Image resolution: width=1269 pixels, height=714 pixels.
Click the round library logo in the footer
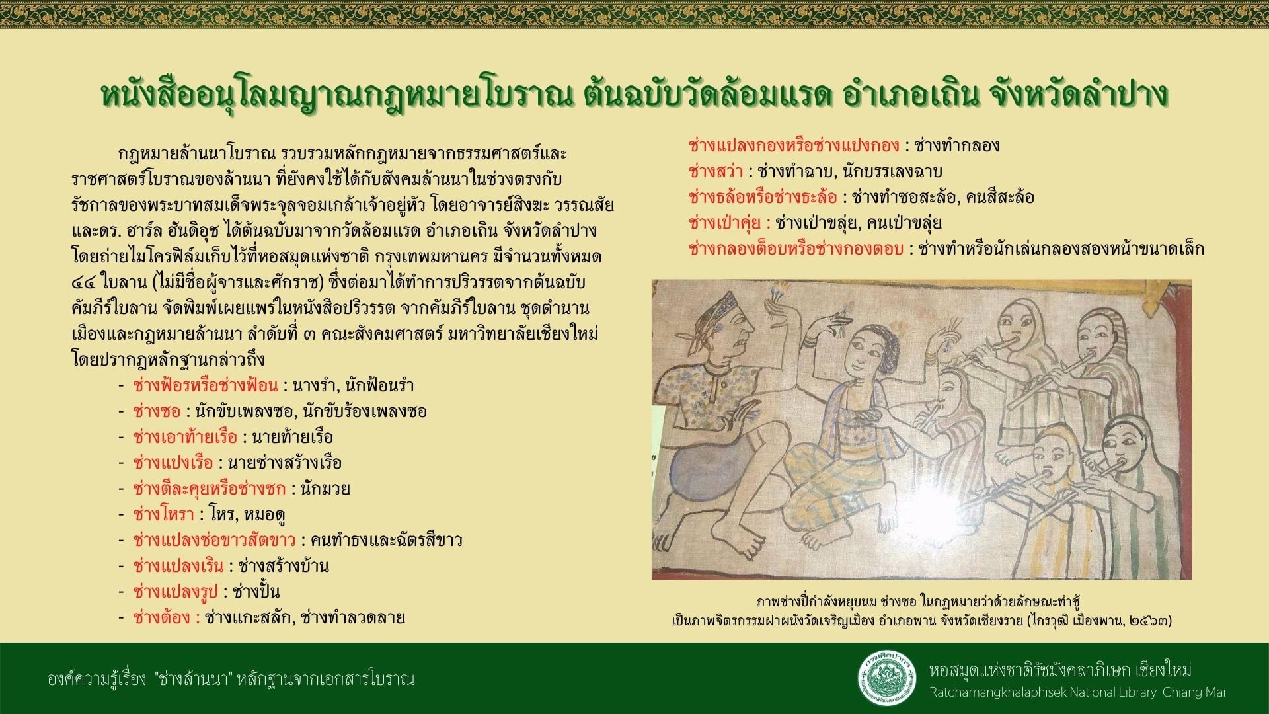(x=887, y=678)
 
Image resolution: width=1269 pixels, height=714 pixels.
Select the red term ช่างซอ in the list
(x=157, y=411)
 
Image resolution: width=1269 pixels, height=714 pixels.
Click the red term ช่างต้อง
(x=166, y=617)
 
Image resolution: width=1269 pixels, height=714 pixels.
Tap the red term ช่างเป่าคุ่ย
(x=729, y=223)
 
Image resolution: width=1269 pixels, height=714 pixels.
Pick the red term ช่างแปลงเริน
(x=178, y=566)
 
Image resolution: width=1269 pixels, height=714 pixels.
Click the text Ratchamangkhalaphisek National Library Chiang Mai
(x=1077, y=693)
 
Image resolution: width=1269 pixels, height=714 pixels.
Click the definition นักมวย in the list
(x=325, y=489)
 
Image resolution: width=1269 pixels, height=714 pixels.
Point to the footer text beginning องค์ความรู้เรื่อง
(x=231, y=678)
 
